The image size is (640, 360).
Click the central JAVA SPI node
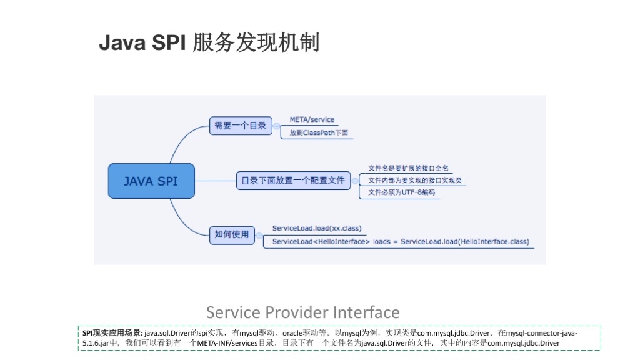(x=151, y=181)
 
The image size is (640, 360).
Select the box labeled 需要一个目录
(x=241, y=126)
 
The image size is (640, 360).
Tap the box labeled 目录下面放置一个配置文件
(x=294, y=181)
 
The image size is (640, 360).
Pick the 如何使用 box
(x=232, y=235)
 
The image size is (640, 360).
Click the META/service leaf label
(x=312, y=119)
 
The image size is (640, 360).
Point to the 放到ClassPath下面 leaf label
(x=319, y=132)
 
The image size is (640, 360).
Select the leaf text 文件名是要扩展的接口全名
(x=408, y=168)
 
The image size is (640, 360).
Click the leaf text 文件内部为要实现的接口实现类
(x=415, y=181)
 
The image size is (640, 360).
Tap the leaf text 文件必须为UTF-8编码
(x=402, y=192)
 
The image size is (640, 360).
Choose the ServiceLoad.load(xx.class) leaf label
(x=317, y=229)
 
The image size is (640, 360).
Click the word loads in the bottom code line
(x=382, y=242)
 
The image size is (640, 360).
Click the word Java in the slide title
(x=122, y=42)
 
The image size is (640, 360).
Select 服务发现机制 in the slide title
(x=256, y=42)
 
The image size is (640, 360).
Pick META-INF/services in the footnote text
(x=227, y=343)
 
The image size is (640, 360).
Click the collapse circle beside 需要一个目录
(x=277, y=126)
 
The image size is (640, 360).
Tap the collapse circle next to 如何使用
(x=259, y=236)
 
